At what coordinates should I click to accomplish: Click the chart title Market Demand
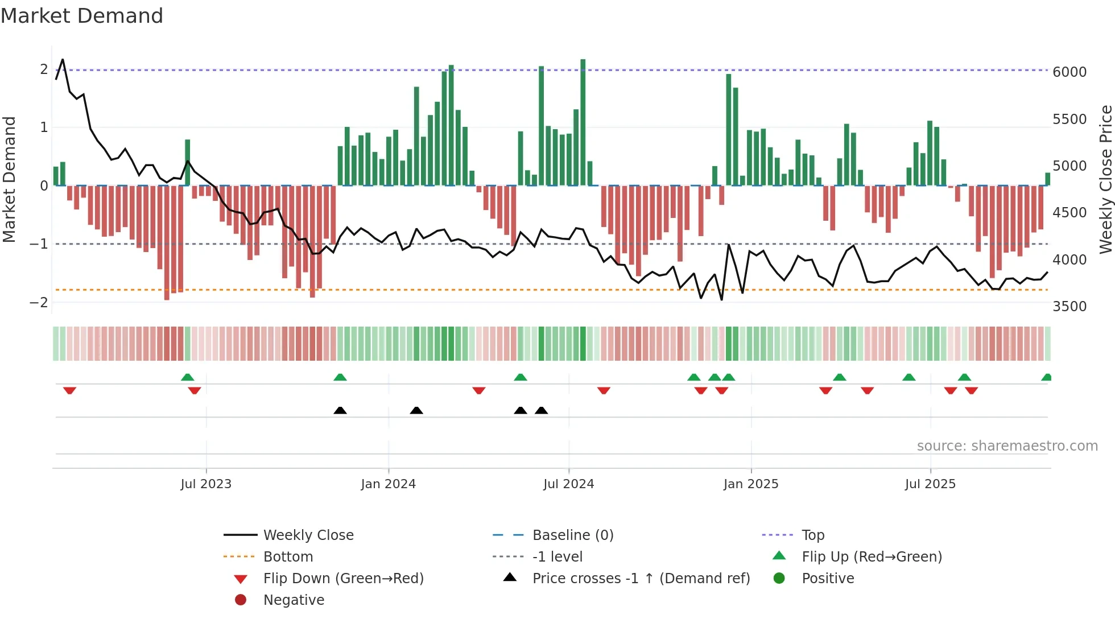click(x=82, y=16)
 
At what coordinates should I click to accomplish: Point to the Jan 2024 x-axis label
click(x=388, y=484)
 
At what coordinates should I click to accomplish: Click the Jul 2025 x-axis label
click(x=930, y=484)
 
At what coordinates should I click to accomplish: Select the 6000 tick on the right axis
click(x=1069, y=72)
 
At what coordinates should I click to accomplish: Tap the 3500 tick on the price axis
click(x=1069, y=306)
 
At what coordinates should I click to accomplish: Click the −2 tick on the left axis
click(x=39, y=302)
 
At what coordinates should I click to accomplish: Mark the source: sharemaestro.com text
click(x=1007, y=445)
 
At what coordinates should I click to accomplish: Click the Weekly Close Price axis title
click(x=1105, y=179)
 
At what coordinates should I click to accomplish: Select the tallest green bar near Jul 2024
click(x=583, y=122)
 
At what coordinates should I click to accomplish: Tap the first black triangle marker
click(x=340, y=410)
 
